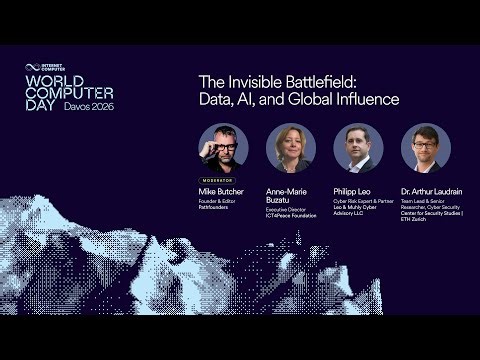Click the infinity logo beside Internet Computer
tap(31, 68)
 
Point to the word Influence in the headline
tap(366, 99)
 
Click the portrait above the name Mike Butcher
tap(223, 148)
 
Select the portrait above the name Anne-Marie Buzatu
tap(291, 148)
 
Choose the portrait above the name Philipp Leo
tap(358, 148)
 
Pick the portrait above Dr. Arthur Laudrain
tap(426, 148)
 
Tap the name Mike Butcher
tap(222, 190)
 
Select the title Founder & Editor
tap(218, 201)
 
